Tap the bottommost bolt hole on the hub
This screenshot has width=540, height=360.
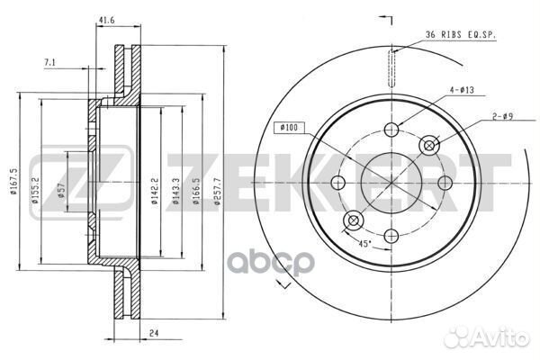(391, 235)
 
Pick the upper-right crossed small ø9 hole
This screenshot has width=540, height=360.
(429, 144)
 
